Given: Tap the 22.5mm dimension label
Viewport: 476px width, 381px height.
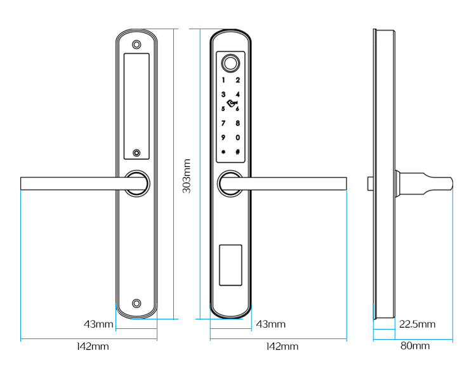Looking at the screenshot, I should coord(417,324).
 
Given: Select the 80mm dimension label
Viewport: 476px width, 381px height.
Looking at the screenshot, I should coord(415,346).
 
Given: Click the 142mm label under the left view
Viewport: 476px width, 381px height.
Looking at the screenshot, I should coord(93,347).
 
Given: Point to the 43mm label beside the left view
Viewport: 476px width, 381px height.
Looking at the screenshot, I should coord(98,324).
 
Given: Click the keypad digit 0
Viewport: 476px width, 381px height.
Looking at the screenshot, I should coord(237,138).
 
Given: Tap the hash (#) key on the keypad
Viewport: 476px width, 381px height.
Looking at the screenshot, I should coord(237,152).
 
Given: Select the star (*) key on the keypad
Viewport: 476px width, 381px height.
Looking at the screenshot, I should coord(223,152).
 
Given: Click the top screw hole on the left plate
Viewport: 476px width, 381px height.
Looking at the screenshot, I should coord(136,45).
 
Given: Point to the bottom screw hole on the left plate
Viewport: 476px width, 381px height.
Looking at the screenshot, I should coord(136,303).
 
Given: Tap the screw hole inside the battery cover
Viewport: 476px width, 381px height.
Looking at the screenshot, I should coord(136,153).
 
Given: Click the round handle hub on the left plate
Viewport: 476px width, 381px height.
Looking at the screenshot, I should coord(136,183).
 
